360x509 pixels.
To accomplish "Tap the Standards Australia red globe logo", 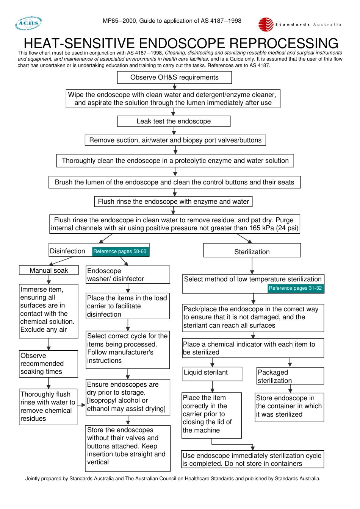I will point(266,24).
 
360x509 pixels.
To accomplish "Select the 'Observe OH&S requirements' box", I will point(174,77).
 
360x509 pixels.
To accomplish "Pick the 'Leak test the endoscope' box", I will point(174,121).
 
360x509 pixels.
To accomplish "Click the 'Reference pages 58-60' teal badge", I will point(120,251).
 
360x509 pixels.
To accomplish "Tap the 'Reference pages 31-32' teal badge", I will point(295,288).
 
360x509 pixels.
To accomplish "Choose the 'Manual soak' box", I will point(49,270).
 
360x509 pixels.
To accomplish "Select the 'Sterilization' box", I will point(252,251).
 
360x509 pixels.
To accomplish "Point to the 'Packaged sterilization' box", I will point(290,376).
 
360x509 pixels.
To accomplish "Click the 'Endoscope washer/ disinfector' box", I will point(128,275).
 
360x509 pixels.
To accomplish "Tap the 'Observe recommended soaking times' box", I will point(49,364).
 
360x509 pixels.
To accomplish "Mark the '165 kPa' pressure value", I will point(262,228).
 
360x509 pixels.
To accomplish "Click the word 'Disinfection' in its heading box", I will point(68,251).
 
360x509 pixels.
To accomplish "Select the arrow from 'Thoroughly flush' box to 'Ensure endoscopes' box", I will point(81,405).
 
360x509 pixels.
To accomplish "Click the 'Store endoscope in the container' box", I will point(290,407).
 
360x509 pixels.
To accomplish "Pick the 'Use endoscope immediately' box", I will point(252,459).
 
